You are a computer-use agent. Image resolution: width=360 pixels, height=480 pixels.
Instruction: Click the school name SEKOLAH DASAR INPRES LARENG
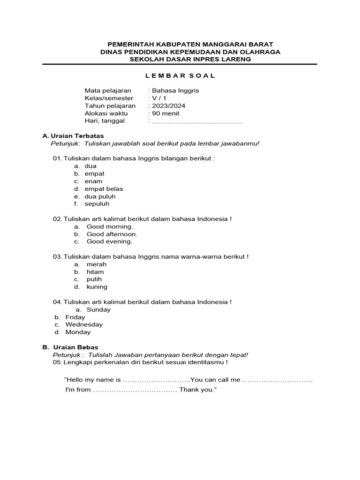[x=191, y=60]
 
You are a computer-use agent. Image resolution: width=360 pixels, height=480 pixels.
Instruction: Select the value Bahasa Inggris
[x=175, y=90]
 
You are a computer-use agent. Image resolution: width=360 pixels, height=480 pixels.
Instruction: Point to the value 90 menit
[x=165, y=113]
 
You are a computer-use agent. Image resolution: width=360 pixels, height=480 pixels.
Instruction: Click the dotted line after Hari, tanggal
[x=198, y=122]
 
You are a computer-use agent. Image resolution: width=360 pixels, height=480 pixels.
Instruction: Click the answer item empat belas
[x=104, y=189]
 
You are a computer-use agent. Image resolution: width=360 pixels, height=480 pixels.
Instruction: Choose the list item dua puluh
[x=100, y=196]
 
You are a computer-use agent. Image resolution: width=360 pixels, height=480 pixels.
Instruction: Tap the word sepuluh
[x=97, y=204]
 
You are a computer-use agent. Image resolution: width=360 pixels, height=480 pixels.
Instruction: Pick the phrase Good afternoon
[x=112, y=234]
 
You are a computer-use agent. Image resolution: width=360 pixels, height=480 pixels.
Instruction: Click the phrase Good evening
[x=110, y=241]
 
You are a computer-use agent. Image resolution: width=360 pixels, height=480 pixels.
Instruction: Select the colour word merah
[x=97, y=264]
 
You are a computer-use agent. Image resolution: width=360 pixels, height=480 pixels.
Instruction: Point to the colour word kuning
[x=97, y=287]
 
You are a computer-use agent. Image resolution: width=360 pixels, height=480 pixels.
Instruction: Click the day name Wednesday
[x=84, y=324]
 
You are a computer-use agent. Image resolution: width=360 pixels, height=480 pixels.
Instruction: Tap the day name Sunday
[x=99, y=309]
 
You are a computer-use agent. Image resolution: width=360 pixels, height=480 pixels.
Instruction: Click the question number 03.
[x=57, y=257]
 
